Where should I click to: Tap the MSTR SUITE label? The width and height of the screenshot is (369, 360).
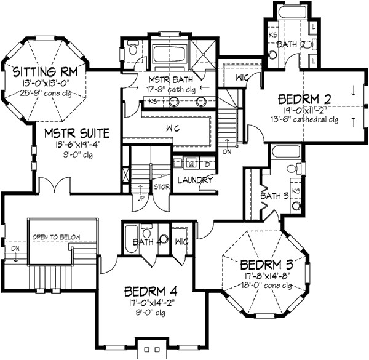76,132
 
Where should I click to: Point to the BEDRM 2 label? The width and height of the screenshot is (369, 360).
305,98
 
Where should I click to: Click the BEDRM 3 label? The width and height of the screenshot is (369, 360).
265,265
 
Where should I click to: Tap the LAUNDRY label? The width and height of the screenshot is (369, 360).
194,180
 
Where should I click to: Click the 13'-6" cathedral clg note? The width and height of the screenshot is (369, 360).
306,119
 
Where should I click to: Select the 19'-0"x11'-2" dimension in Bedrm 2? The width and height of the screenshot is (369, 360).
305,110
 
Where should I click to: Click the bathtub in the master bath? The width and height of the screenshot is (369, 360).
169,54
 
